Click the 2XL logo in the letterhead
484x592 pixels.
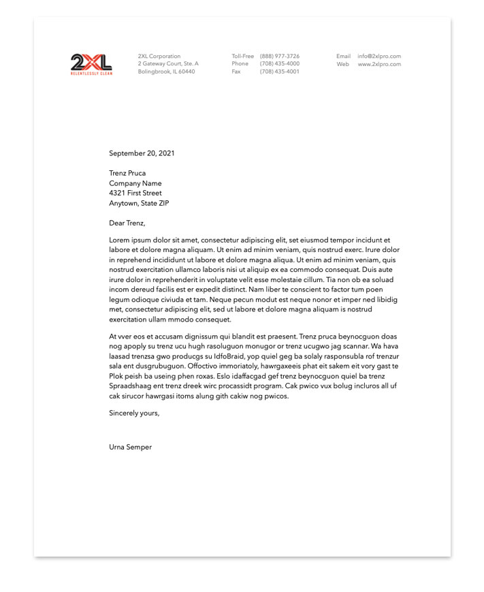(x=91, y=64)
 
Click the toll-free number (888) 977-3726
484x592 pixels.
(x=279, y=57)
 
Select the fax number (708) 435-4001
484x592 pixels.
(x=279, y=72)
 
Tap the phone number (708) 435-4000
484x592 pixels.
(x=279, y=64)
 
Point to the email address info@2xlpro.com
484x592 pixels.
(x=379, y=57)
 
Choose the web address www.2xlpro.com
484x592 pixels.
(x=379, y=64)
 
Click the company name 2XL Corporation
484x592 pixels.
(x=159, y=57)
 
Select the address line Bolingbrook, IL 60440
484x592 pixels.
(x=166, y=72)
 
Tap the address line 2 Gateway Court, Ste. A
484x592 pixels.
(x=168, y=64)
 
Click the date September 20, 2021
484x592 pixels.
(x=142, y=153)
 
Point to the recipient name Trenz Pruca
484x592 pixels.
(x=127, y=173)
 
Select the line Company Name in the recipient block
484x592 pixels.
(x=135, y=183)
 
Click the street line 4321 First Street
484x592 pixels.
(x=135, y=193)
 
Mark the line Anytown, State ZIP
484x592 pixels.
(x=139, y=203)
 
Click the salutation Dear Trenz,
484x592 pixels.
(x=127, y=223)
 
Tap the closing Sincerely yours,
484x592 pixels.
(x=134, y=413)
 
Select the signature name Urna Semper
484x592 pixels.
(x=130, y=448)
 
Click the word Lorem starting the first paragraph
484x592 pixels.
(x=118, y=240)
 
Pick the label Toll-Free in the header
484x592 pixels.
(x=242, y=57)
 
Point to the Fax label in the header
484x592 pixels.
(x=236, y=72)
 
